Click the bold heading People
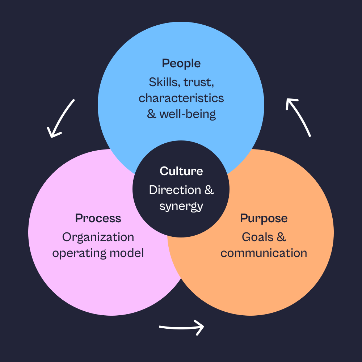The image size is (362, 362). pyautogui.click(x=181, y=63)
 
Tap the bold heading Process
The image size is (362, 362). pyautogui.click(x=98, y=218)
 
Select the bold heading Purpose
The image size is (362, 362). pyautogui.click(x=264, y=218)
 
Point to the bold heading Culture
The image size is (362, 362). pyautogui.click(x=181, y=171)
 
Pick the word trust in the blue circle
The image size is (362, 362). pyautogui.click(x=199, y=82)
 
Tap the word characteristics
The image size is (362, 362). pyautogui.click(x=181, y=98)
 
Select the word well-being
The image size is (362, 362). pyautogui.click(x=188, y=114)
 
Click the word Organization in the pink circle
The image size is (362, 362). pyautogui.click(x=98, y=237)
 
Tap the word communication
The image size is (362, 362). pyautogui.click(x=264, y=253)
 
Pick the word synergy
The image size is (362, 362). pyautogui.click(x=181, y=206)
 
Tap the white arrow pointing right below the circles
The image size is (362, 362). pyautogui.click(x=181, y=328)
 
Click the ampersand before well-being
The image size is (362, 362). pyautogui.click(x=152, y=114)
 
